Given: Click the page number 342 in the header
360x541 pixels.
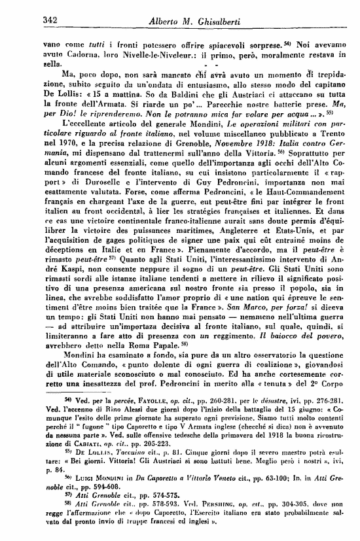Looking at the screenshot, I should pos(31,20).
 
